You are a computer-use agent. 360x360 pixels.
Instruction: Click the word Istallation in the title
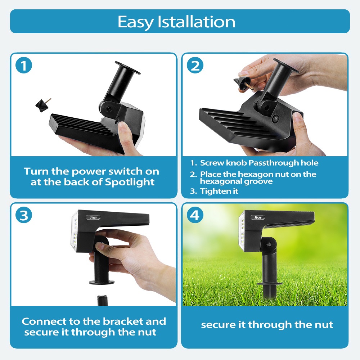196,22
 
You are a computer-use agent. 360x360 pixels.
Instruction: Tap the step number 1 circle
24,66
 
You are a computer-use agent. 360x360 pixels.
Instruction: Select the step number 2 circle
195,66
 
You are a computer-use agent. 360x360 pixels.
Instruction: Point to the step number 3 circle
24,215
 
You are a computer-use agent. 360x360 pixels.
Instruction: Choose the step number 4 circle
195,215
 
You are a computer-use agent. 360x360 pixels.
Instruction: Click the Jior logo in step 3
94,217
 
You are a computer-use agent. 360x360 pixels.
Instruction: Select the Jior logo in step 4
258,217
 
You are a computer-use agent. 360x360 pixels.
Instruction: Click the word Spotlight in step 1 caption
130,182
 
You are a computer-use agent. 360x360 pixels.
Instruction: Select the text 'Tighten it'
219,191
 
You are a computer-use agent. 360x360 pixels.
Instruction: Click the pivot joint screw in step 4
269,245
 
